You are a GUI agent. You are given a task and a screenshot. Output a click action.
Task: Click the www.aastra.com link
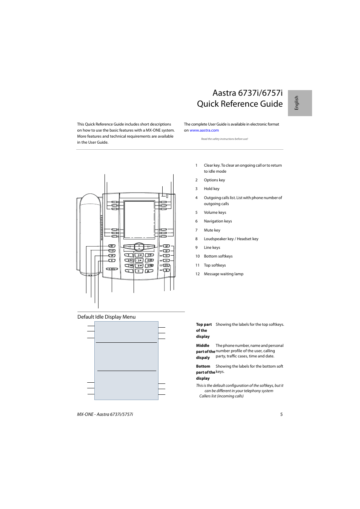click(204, 130)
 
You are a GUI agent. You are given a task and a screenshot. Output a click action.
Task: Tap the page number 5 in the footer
click(281, 414)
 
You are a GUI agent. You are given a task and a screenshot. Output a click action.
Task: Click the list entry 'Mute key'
click(212, 230)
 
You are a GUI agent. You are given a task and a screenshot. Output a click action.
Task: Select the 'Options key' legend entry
click(214, 180)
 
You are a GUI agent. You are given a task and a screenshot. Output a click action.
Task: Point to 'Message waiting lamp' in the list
click(223, 274)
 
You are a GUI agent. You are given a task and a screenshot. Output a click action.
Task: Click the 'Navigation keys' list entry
click(218, 221)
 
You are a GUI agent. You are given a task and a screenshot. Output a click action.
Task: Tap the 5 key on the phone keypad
click(139, 260)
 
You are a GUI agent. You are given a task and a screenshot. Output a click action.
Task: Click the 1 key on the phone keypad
click(129, 255)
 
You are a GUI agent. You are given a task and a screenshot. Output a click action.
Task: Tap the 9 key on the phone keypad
click(149, 265)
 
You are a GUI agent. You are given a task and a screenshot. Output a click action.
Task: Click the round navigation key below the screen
click(139, 247)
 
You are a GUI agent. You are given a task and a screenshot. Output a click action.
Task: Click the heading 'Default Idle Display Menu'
click(106, 317)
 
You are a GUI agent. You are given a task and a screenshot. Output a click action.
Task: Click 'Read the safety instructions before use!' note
click(224, 139)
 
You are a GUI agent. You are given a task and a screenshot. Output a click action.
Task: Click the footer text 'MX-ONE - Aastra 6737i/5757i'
click(105, 414)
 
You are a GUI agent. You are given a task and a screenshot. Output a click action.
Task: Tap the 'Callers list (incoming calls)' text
click(221, 396)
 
